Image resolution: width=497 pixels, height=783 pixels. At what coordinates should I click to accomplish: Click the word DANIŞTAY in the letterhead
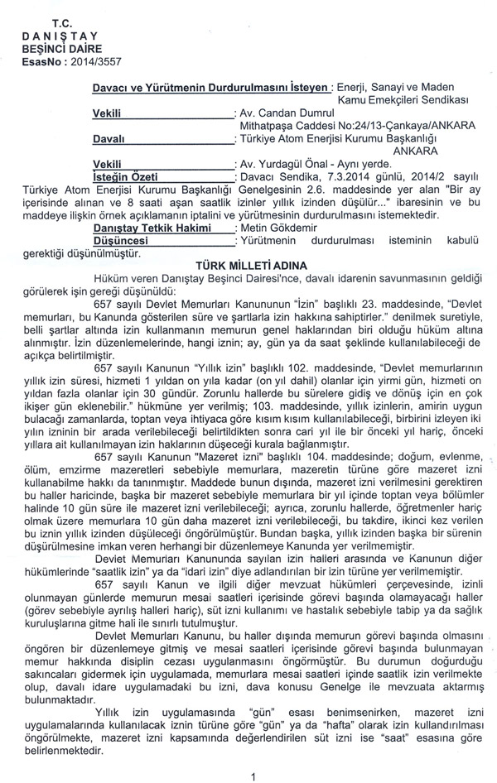tap(60, 36)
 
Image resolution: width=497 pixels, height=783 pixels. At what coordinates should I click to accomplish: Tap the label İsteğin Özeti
tap(125, 176)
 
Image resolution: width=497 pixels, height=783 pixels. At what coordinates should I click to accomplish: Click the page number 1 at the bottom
tap(253, 775)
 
